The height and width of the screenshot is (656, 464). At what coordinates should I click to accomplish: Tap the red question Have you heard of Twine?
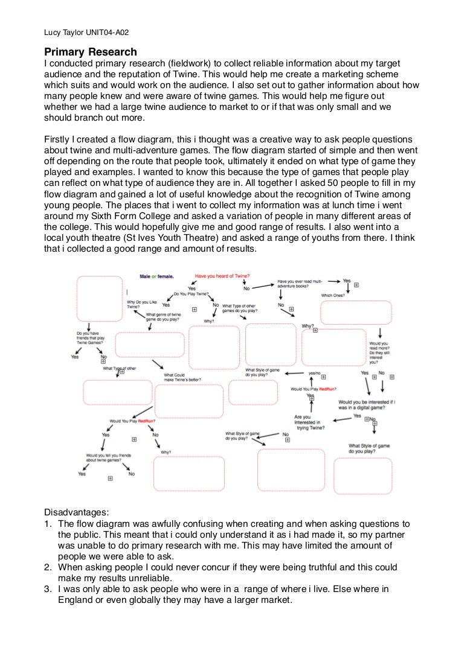click(222, 275)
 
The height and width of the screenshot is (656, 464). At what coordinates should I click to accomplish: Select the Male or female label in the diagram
click(156, 276)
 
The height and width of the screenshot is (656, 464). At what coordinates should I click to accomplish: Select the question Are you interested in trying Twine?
click(309, 422)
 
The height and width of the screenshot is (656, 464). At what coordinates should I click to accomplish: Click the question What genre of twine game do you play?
click(163, 317)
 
